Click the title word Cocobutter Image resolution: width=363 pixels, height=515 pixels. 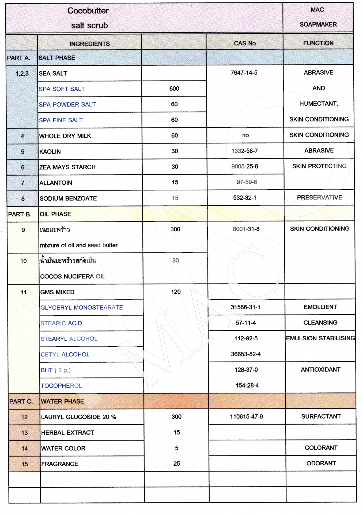(x=88, y=11)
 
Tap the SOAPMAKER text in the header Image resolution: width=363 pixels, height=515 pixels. (x=318, y=24)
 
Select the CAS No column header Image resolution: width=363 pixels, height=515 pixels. (x=245, y=43)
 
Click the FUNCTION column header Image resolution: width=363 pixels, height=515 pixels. (x=318, y=43)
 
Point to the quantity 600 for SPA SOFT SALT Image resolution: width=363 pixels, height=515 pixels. (x=174, y=89)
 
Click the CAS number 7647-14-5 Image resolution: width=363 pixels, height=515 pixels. (x=244, y=73)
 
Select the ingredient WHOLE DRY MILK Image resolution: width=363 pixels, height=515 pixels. (x=65, y=136)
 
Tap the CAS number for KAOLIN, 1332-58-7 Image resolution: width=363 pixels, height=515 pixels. (x=245, y=151)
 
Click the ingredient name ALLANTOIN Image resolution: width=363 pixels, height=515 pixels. (x=56, y=183)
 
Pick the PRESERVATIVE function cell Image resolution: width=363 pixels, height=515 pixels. (x=319, y=197)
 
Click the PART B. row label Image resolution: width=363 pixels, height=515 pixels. (x=20, y=214)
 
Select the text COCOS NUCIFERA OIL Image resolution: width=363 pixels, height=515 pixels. (x=73, y=277)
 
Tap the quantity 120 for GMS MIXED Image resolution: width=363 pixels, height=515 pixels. (x=176, y=292)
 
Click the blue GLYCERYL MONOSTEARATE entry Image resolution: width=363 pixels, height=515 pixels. (x=82, y=307)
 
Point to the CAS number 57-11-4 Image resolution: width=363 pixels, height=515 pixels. (x=246, y=323)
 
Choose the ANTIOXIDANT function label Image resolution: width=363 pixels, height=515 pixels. (x=320, y=370)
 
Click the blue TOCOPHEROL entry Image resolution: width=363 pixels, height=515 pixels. (x=61, y=386)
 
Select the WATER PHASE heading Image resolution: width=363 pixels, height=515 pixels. (x=62, y=401)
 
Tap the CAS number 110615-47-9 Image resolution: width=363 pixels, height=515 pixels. (x=246, y=417)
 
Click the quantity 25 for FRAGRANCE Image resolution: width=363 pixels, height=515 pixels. (x=177, y=464)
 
